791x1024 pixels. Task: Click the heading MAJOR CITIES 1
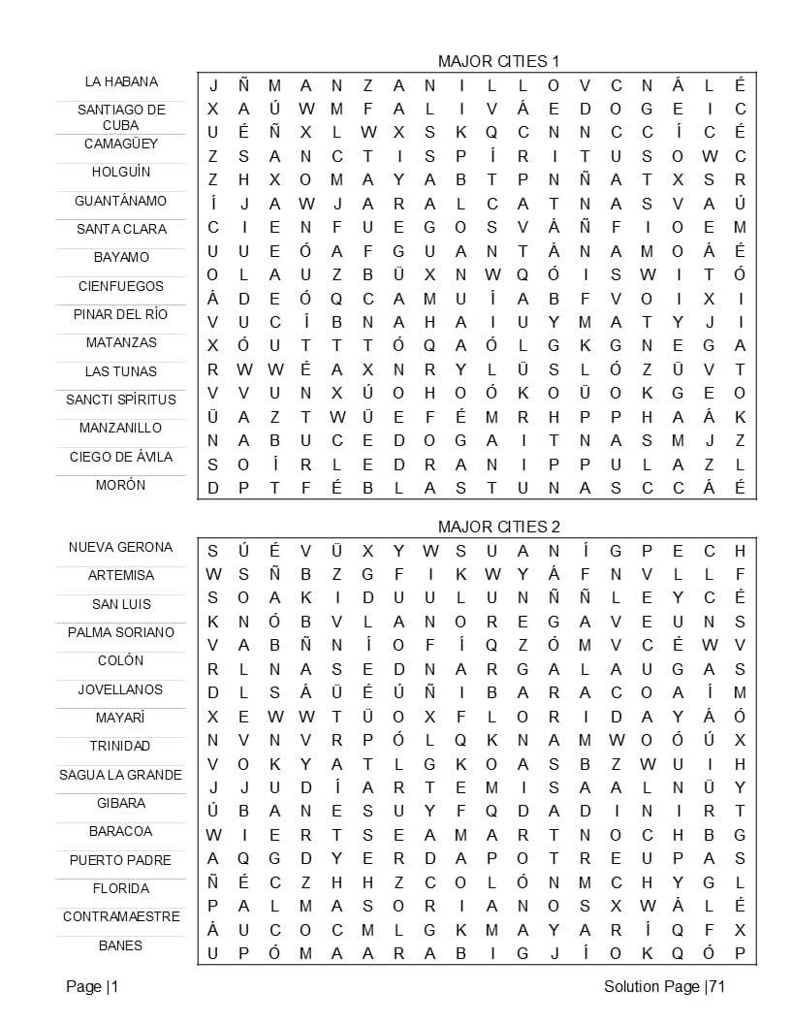(x=498, y=61)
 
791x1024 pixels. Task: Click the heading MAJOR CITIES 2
(x=498, y=527)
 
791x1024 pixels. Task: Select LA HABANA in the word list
(x=121, y=81)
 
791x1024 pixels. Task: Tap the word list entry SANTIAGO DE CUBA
(x=121, y=117)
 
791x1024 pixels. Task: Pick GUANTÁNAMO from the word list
(x=121, y=201)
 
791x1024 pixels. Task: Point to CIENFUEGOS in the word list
(x=121, y=286)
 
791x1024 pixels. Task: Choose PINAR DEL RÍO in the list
(x=121, y=314)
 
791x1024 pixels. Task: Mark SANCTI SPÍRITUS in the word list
(x=121, y=400)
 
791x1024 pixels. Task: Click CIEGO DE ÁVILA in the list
(x=121, y=457)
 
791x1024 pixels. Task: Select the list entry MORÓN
(x=121, y=485)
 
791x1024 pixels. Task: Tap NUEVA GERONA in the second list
(x=121, y=547)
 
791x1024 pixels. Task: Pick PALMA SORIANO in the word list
(x=121, y=632)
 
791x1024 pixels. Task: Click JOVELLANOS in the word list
(x=121, y=689)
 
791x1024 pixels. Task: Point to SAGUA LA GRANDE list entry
(x=121, y=775)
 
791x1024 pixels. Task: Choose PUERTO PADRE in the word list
(x=121, y=860)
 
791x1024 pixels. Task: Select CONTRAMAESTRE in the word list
(x=121, y=916)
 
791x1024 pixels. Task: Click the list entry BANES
(x=121, y=945)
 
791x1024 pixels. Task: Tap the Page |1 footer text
(x=92, y=987)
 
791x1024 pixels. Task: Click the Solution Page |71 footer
(x=664, y=987)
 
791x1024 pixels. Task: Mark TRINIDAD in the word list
(x=121, y=746)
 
